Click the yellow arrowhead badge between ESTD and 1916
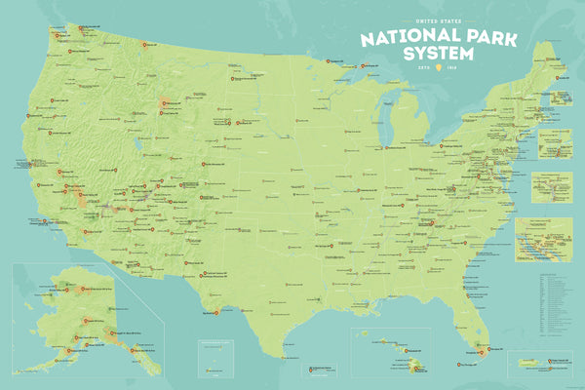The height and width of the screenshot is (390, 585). [x=437, y=68]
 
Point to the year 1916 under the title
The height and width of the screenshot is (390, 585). [x=451, y=68]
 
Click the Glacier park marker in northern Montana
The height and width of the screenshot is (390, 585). [x=147, y=44]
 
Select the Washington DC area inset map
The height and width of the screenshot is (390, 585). [x=554, y=184]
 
